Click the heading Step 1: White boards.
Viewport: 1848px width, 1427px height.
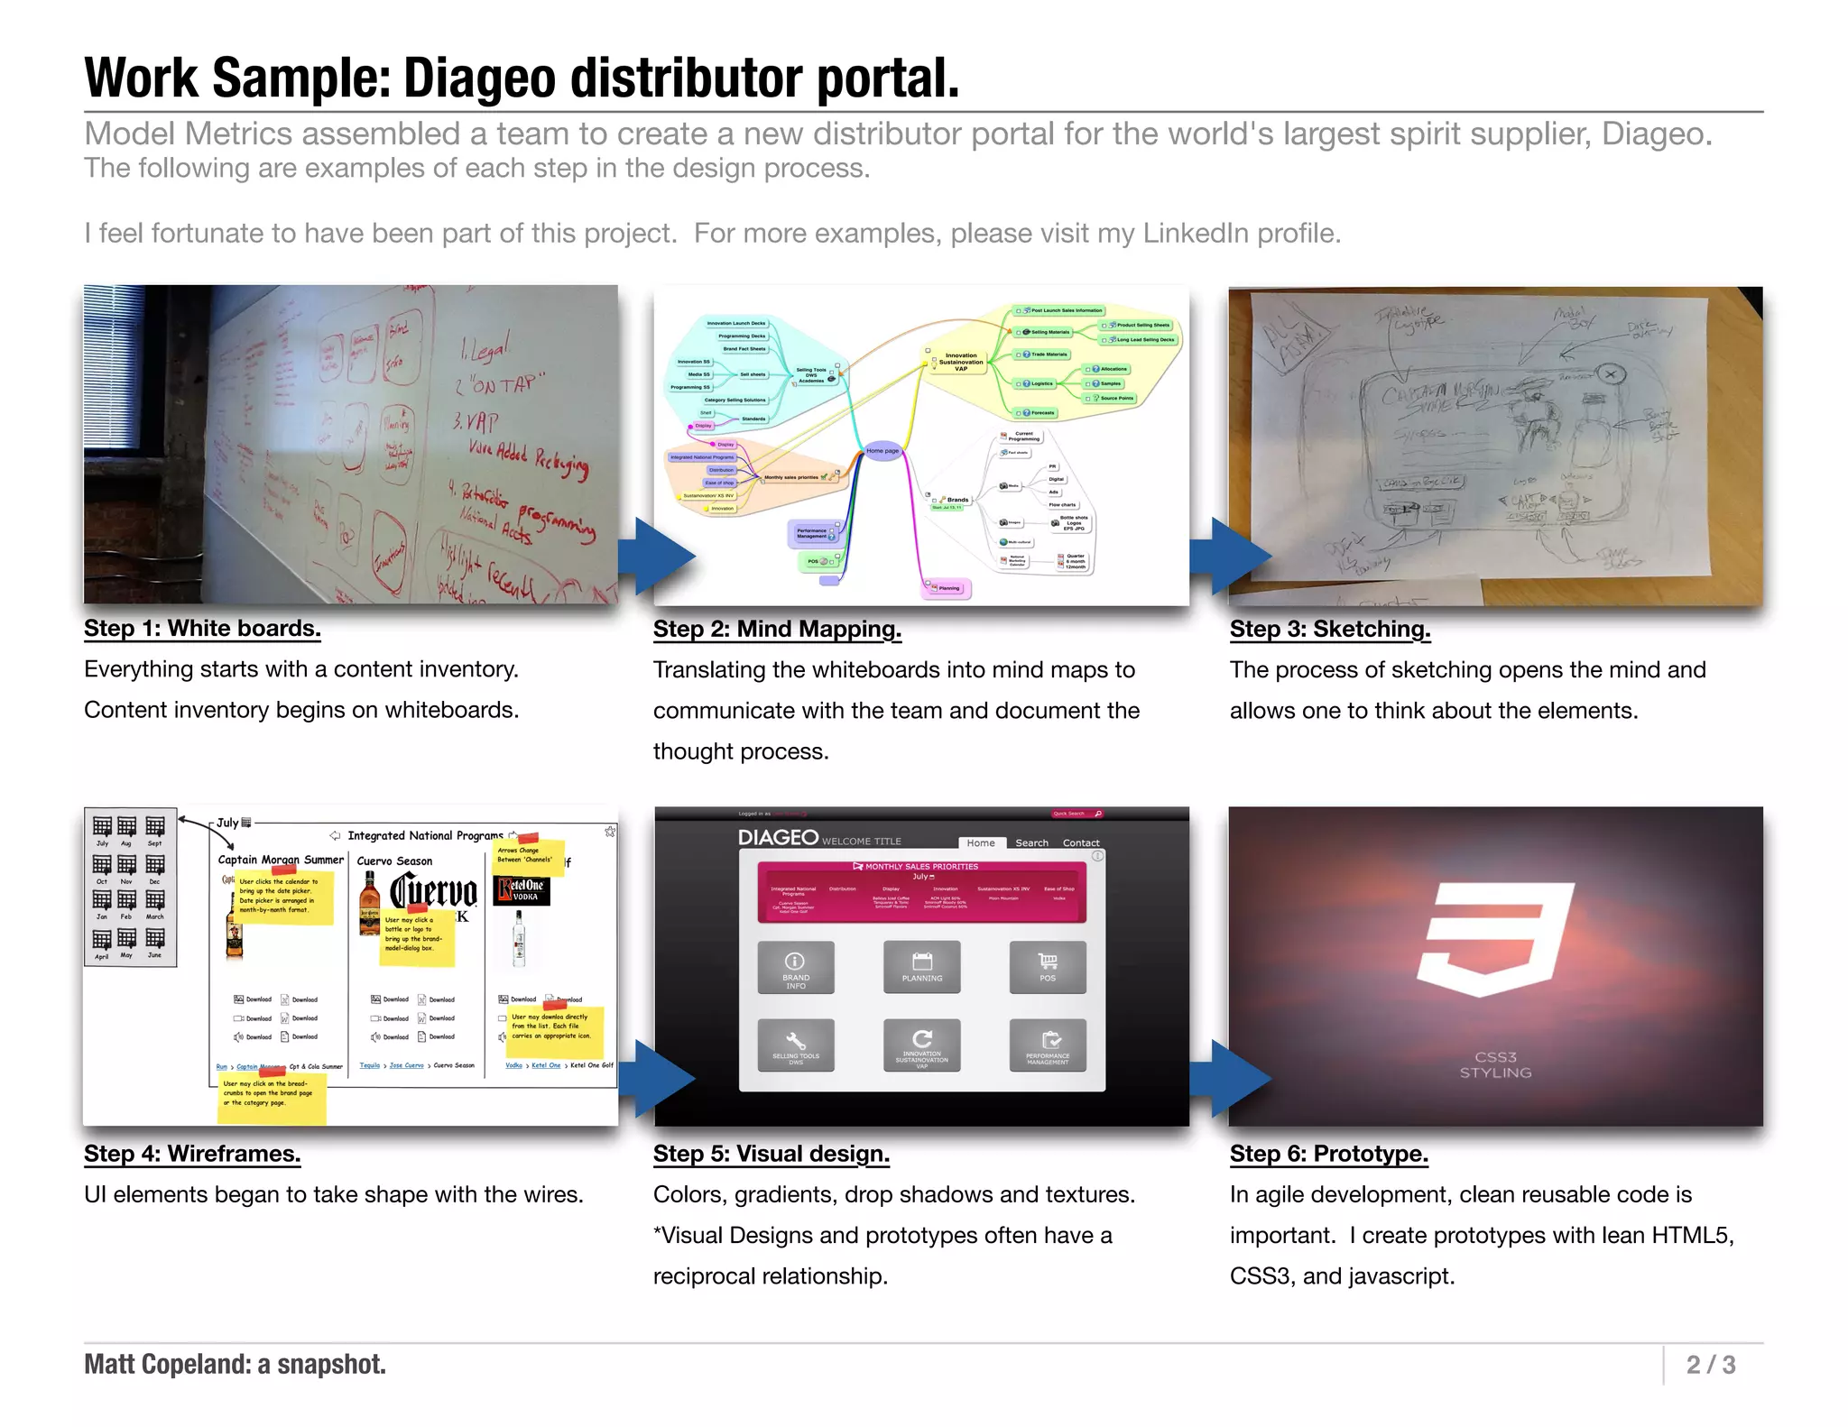pyautogui.click(x=202, y=629)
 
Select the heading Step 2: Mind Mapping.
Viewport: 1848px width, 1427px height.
pyautogui.click(x=777, y=630)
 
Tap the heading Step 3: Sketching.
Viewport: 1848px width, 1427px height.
pyautogui.click(x=1330, y=630)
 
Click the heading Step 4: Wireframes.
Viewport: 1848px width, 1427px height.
pyautogui.click(x=192, y=1154)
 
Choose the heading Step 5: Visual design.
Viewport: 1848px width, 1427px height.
pyautogui.click(x=772, y=1154)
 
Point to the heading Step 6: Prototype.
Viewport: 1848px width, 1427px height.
pyautogui.click(x=1329, y=1154)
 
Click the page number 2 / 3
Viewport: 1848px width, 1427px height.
pyautogui.click(x=1711, y=1365)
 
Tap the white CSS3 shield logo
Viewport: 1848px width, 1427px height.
pyautogui.click(x=1494, y=939)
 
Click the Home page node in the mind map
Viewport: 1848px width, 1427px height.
pyautogui.click(x=882, y=451)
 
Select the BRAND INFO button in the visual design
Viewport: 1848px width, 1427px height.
pyautogui.click(x=796, y=967)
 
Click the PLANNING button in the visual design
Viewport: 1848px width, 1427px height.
pyautogui.click(x=921, y=967)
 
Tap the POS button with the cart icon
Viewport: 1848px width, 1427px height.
pyautogui.click(x=1048, y=967)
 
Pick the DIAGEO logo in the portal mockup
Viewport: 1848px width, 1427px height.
pyautogui.click(x=778, y=838)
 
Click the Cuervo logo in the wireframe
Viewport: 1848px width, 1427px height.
pyautogui.click(x=433, y=892)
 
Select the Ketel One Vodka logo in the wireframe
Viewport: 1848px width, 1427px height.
pyautogui.click(x=522, y=890)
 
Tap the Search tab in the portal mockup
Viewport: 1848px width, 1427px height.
pyautogui.click(x=1031, y=843)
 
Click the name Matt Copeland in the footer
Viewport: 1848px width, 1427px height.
pyautogui.click(x=166, y=1365)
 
